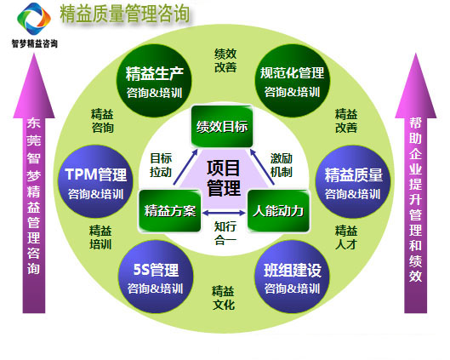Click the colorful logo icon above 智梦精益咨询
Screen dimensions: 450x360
(34, 19)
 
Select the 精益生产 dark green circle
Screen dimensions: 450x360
(154, 81)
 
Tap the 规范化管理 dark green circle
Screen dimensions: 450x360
(292, 81)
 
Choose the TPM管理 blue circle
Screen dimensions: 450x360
(95, 181)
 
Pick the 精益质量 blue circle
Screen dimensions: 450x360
(353, 181)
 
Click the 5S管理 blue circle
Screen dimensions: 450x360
(156, 277)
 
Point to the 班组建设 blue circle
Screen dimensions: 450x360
(292, 277)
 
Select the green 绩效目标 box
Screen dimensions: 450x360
(222, 127)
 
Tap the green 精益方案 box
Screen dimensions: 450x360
(170, 211)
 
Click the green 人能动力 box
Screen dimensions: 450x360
(278, 211)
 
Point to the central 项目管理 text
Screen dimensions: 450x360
(224, 178)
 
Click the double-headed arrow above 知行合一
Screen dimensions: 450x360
(224, 213)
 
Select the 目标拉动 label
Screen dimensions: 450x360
(161, 165)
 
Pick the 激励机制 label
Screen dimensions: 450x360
(282, 165)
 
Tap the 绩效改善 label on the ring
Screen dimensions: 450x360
(225, 60)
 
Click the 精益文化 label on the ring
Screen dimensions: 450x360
(223, 298)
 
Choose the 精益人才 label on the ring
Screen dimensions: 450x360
(346, 237)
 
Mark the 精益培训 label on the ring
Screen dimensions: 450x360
(100, 237)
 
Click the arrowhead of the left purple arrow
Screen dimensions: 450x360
(34, 54)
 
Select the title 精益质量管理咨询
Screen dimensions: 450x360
(124, 14)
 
